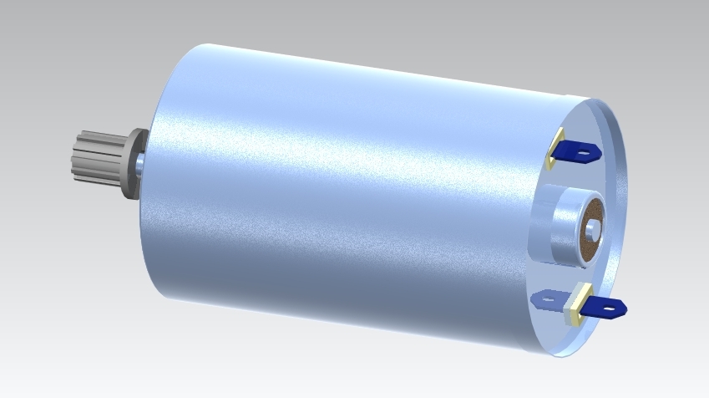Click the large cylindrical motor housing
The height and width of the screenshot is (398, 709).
pos(334,192)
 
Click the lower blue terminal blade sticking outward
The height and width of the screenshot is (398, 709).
pos(605,307)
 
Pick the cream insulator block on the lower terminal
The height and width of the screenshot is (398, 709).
pos(576,305)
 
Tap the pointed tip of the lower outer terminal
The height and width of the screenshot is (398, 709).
pos(625,309)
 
